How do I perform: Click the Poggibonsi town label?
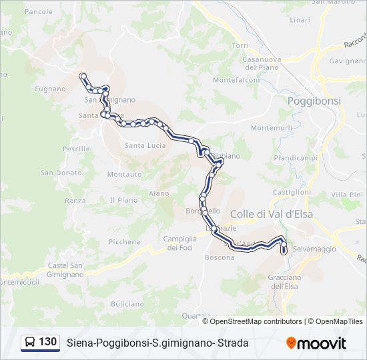(x=314, y=101)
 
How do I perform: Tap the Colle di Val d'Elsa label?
(x=271, y=214)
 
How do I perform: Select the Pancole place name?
(x=38, y=12)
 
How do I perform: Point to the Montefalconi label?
(x=236, y=80)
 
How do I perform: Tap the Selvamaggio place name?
(x=314, y=249)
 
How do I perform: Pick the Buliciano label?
(x=127, y=304)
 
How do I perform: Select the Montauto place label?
(x=125, y=175)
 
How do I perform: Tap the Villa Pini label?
(x=346, y=194)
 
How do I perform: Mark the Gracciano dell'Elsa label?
(x=285, y=281)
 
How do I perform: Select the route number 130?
(x=48, y=342)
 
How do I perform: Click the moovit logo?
(x=316, y=343)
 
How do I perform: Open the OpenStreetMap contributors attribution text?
(x=256, y=321)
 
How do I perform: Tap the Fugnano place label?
(x=51, y=89)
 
